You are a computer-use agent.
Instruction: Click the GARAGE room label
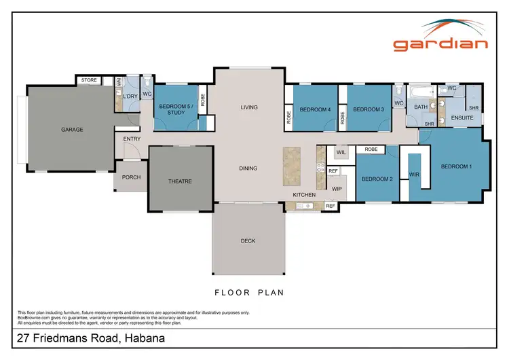click(72, 129)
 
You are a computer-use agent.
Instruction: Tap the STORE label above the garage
click(89, 80)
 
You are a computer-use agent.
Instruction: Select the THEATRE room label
click(181, 181)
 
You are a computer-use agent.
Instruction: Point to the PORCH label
click(131, 178)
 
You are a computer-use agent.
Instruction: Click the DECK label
click(248, 240)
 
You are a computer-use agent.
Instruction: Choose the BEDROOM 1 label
click(456, 166)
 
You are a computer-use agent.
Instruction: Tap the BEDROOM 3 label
click(369, 109)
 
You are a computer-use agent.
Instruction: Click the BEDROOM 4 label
click(315, 109)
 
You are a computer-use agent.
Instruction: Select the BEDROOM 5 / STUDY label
click(176, 109)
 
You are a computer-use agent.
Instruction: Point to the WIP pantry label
click(335, 188)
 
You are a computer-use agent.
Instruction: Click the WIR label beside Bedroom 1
click(414, 175)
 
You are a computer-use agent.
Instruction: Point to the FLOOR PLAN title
click(248, 293)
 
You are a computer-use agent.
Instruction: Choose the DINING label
click(248, 168)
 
